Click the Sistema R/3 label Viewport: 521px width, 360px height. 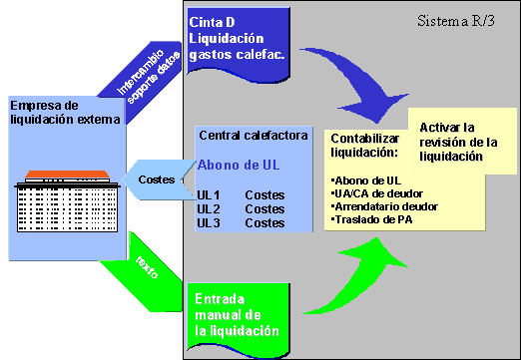pos(456,21)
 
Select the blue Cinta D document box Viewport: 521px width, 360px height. pos(239,43)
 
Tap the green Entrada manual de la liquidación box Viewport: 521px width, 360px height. pos(239,319)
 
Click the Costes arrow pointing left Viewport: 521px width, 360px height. pos(159,180)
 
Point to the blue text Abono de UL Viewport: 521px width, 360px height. pos(239,165)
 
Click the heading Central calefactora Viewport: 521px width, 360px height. pos(254,136)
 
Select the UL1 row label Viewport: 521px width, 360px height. pos(209,194)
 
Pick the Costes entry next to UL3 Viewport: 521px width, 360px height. pos(264,222)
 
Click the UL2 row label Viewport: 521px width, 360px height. pos(209,208)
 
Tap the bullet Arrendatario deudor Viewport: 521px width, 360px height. pos(385,206)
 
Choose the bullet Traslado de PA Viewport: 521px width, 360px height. pos(372,219)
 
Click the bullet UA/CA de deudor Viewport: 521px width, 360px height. pos(377,193)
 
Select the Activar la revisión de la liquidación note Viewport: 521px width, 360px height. pos(462,141)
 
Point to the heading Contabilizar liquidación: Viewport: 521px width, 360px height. pos(365,145)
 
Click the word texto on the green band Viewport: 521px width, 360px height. pos(147,267)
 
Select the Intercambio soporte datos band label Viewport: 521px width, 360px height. pos(149,76)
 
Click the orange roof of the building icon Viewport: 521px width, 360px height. pos(67,175)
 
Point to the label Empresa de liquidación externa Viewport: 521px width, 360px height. pos(65,112)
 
